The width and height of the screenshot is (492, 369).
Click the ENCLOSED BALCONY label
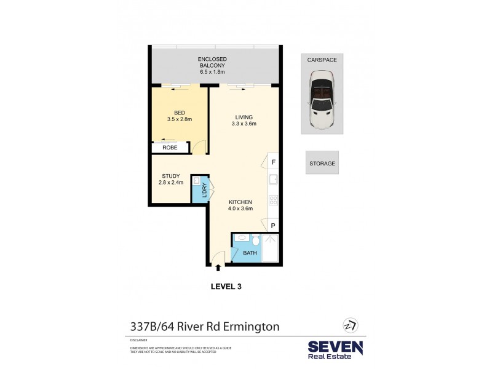[213, 65]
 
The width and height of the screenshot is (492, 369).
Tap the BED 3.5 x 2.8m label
[180, 116]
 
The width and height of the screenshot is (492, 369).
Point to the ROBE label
[170, 148]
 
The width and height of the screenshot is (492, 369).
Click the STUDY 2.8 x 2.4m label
[171, 179]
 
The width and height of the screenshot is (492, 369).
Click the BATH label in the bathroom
[250, 253]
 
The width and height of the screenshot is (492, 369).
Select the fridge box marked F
[273, 162]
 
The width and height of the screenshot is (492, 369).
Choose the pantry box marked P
[273, 226]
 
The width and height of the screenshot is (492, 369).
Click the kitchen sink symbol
[274, 180]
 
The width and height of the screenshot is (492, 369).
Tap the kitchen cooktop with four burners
[274, 200]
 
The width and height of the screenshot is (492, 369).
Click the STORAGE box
[322, 163]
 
